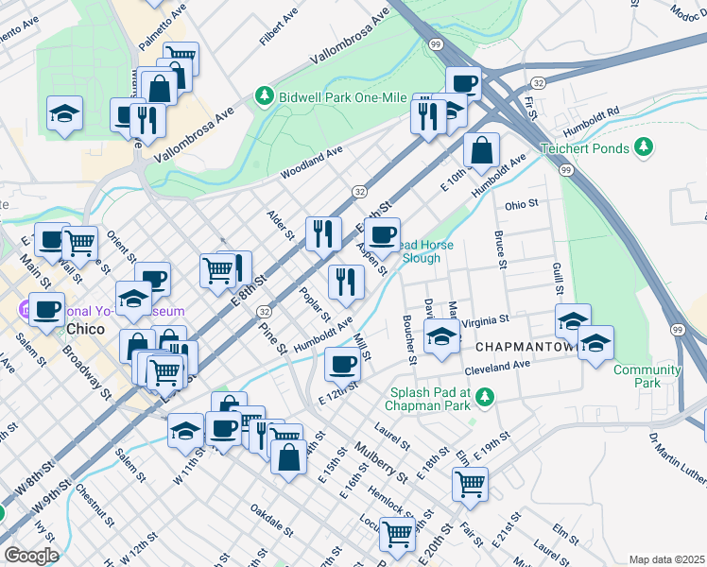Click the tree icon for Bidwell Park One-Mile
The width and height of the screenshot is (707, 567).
(264, 97)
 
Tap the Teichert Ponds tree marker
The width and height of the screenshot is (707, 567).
(644, 146)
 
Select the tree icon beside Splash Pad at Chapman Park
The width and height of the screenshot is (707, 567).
(485, 395)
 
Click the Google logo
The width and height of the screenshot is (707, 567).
(30, 556)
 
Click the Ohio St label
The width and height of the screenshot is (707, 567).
(521, 203)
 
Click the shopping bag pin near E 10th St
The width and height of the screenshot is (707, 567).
(481, 149)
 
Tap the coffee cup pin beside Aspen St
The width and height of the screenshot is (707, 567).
(382, 233)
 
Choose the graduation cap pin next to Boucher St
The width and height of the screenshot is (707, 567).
(441, 336)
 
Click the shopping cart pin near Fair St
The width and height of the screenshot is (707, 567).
(470, 484)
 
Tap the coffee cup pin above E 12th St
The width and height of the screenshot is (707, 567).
(342, 363)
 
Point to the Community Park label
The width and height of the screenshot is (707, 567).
(647, 376)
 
